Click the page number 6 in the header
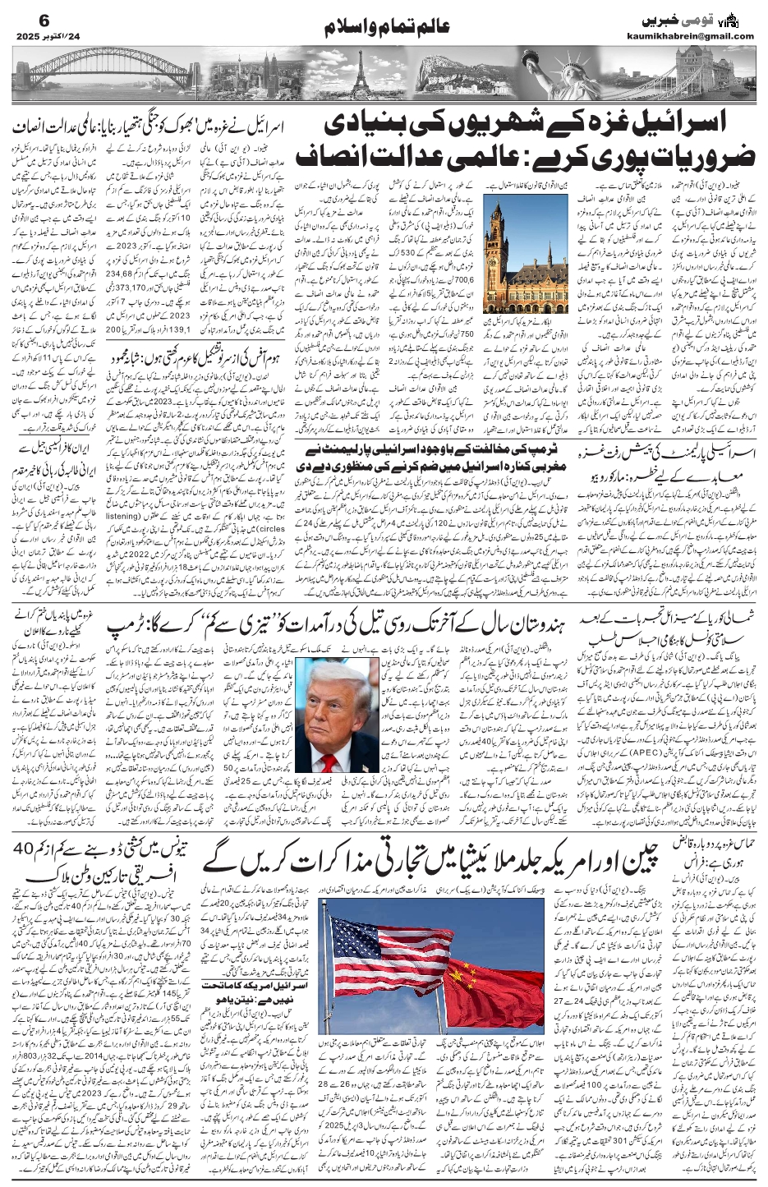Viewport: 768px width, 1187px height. [x=21, y=20]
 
